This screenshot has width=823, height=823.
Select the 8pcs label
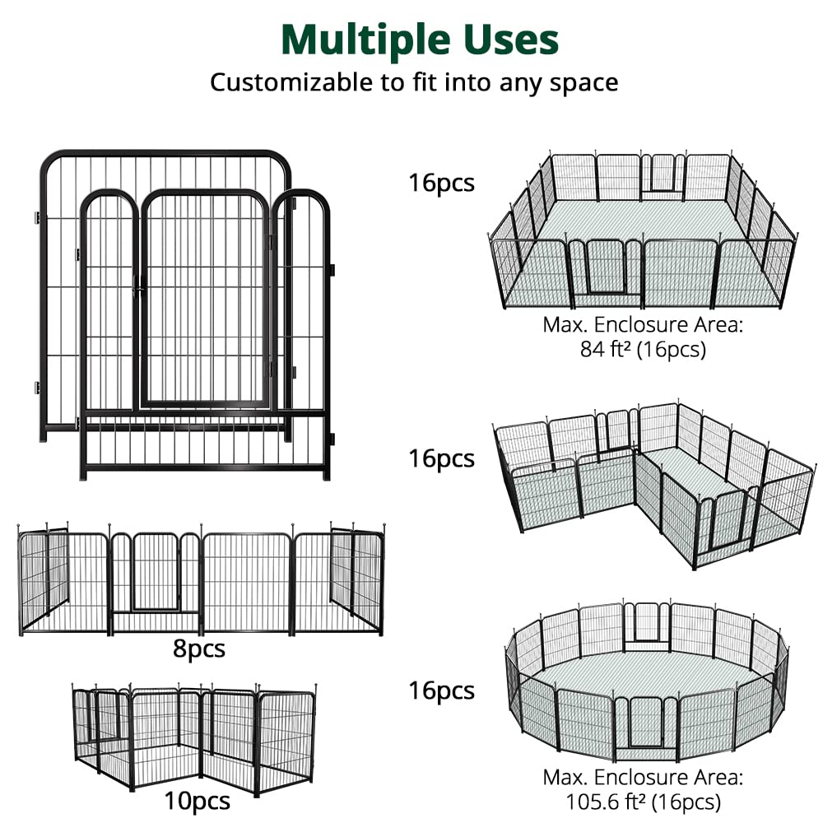coord(199,649)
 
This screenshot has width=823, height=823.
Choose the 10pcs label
coord(197,801)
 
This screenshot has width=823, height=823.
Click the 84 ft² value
coord(606,348)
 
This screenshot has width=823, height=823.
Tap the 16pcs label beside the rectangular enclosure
coord(441,184)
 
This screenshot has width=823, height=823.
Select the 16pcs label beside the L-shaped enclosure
coord(441,458)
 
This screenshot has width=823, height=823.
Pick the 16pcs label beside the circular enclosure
coord(441,690)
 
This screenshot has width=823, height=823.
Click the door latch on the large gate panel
coord(138,286)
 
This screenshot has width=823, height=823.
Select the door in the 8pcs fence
coord(156,572)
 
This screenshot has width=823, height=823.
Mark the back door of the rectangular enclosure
coord(663,173)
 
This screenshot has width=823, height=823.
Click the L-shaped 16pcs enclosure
coord(654,485)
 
